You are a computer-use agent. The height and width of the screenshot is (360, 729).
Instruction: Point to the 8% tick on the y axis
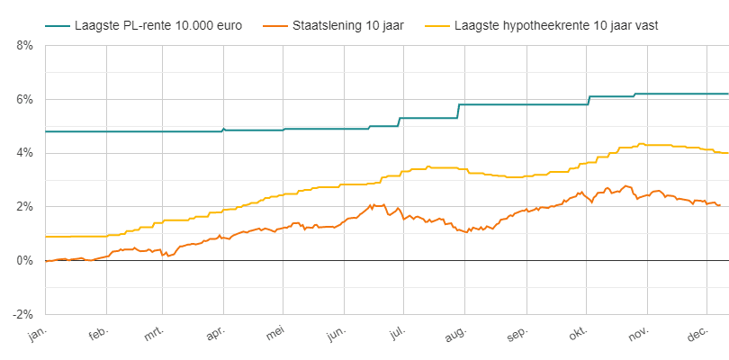click(x=23, y=45)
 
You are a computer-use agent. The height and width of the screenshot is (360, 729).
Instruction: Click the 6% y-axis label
click(x=23, y=99)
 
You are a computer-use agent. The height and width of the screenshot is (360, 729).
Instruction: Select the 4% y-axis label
click(x=23, y=153)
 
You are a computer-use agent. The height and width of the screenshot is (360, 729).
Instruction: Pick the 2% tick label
click(x=23, y=207)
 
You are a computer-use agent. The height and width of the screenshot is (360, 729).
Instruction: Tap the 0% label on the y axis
click(x=23, y=261)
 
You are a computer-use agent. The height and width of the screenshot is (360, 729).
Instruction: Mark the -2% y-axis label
click(x=22, y=315)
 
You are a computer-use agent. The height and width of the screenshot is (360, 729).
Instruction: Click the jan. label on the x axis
click(x=37, y=335)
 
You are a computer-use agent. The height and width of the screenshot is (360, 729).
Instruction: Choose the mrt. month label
click(x=156, y=335)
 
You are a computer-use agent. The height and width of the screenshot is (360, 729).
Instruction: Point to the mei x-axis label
click(x=275, y=335)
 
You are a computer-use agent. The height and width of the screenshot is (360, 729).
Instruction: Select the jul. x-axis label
click(x=396, y=335)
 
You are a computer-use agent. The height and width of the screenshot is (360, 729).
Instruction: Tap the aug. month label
click(x=454, y=335)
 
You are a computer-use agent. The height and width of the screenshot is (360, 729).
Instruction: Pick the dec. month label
click(x=695, y=335)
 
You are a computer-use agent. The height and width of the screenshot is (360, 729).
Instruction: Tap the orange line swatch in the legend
click(x=267, y=25)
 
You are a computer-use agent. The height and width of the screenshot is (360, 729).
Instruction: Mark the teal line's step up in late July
click(x=459, y=111)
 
